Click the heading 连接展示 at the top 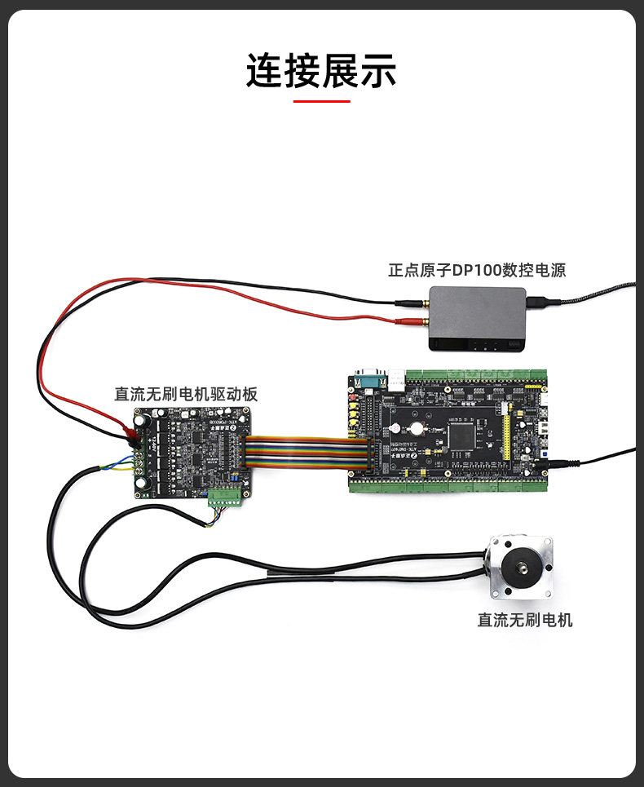coord(321,71)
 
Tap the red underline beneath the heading coord(321,101)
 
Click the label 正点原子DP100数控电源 coord(477,270)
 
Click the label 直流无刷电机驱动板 coord(186,395)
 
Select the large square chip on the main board coord(462,435)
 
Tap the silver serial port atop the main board coord(371,378)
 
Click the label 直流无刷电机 coord(525,620)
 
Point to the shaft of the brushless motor coord(520,565)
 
